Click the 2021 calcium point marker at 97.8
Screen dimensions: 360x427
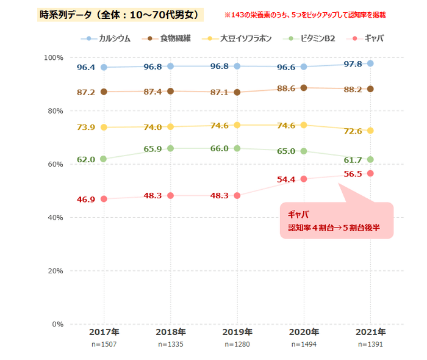(370, 63)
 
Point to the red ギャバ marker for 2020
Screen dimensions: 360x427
(303, 179)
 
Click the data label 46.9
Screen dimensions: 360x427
(85, 200)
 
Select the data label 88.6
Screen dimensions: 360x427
(285, 88)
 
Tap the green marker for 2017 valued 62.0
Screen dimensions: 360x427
(104, 159)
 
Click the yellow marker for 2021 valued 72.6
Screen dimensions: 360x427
(370, 131)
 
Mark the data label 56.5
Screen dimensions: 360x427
(353, 173)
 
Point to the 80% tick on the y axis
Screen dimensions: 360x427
(54, 111)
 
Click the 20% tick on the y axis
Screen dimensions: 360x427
(54, 270)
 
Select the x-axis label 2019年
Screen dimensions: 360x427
(237, 332)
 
